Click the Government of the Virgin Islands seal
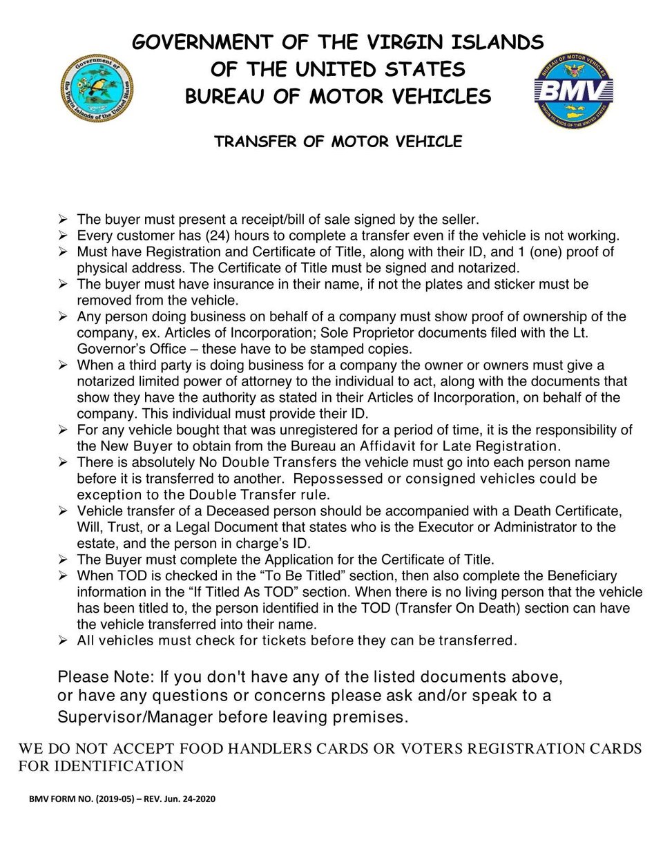[x=97, y=88]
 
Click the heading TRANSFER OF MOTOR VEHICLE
[x=338, y=142]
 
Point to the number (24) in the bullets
[x=219, y=236]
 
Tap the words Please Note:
[x=106, y=676]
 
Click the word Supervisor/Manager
[x=135, y=717]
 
